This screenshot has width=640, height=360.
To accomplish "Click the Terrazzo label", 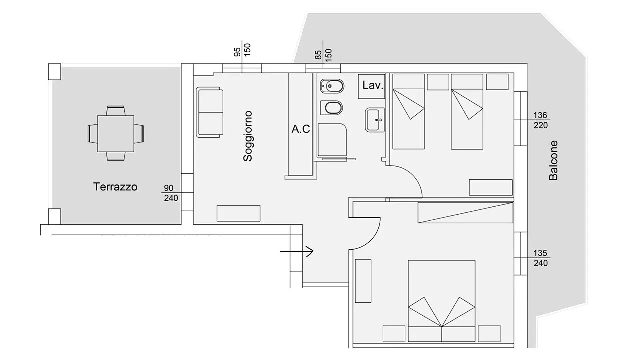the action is (x=115, y=187).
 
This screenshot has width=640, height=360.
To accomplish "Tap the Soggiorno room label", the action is (x=248, y=136).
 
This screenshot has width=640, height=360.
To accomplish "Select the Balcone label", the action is (x=553, y=160).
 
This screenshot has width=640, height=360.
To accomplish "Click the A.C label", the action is (x=301, y=129).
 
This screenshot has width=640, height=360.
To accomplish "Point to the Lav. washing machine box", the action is (x=371, y=87).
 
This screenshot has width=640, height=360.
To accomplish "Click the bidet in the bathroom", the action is (x=332, y=86).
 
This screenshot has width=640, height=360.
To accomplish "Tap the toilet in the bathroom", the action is (x=332, y=108).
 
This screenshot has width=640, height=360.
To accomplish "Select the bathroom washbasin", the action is (x=375, y=120).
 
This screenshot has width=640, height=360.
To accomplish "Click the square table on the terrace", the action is (x=116, y=133).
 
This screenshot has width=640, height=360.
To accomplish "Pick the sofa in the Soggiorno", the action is (x=210, y=112).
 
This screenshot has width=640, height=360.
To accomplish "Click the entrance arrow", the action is (x=296, y=251).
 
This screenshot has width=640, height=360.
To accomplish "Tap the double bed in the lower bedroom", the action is (x=442, y=301).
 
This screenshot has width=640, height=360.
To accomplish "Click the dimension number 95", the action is (x=237, y=52).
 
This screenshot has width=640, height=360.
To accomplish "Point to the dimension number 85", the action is (x=318, y=55).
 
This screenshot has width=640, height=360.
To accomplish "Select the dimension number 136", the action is (x=540, y=115).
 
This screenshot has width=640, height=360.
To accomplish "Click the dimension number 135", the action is (x=540, y=253).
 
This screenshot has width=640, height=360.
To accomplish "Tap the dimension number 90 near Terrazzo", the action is (x=169, y=188).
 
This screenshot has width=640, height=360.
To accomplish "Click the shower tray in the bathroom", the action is (x=332, y=140).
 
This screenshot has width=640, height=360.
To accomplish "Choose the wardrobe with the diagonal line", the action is (x=465, y=213).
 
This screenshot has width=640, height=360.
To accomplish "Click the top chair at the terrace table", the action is (x=115, y=111).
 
